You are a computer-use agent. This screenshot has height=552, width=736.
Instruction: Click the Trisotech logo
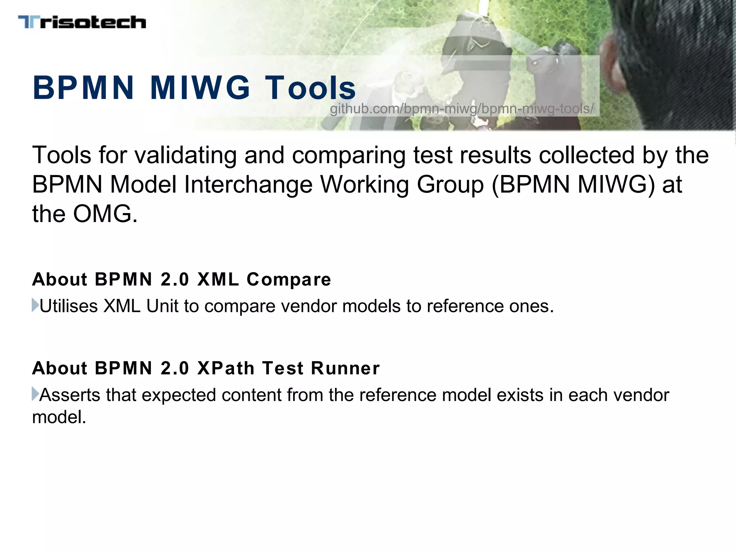[x=82, y=22]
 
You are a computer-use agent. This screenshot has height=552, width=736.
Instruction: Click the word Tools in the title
[x=310, y=88]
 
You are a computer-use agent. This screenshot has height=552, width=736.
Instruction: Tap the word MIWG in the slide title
[x=200, y=88]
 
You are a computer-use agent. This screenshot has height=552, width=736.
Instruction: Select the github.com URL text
[x=462, y=109]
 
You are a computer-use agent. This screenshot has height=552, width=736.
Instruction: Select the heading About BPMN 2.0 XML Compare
[x=181, y=279]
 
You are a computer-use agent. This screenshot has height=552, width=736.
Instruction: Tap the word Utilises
[x=69, y=306]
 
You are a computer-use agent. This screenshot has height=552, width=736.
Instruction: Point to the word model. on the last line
[x=59, y=417]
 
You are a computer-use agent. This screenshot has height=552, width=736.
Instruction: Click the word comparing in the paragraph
[x=348, y=155]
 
